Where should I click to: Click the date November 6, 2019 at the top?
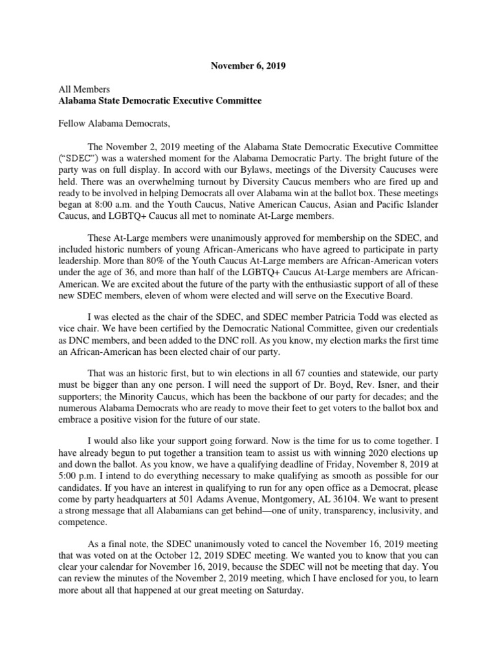248,65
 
